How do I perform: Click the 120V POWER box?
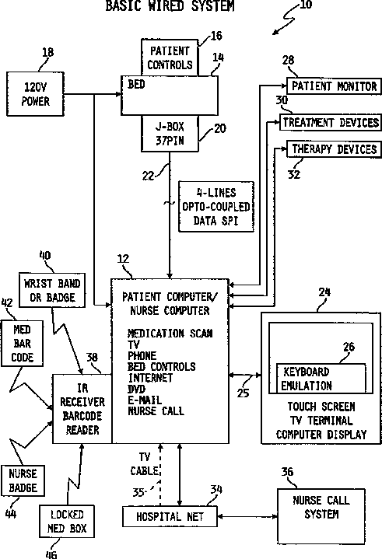click(x=35, y=94)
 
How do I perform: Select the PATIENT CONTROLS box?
click(x=170, y=58)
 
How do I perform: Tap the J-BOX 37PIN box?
click(x=170, y=134)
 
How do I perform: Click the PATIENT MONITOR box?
click(x=334, y=86)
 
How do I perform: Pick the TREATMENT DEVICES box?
click(x=331, y=123)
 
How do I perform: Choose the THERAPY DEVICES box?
click(x=335, y=149)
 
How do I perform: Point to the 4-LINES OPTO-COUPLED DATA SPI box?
click(x=216, y=207)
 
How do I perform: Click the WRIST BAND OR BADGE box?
click(x=52, y=290)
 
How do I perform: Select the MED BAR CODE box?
click(x=22, y=344)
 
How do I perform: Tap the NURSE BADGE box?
click(x=23, y=480)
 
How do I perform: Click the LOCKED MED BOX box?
click(x=67, y=521)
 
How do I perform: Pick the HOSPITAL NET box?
click(x=170, y=516)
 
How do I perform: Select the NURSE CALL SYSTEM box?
click(x=321, y=516)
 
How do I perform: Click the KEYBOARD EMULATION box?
click(x=321, y=379)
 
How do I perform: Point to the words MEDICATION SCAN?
click(x=170, y=334)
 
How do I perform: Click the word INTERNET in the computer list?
click(x=150, y=378)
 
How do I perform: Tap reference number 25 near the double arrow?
click(x=243, y=393)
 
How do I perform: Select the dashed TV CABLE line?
click(x=160, y=475)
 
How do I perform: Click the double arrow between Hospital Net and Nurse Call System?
click(x=247, y=516)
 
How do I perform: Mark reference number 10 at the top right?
click(x=306, y=5)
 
